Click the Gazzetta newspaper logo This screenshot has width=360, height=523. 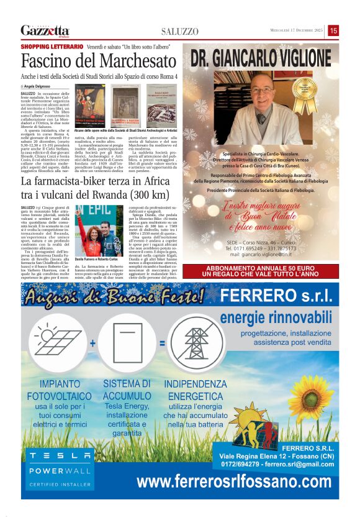click(x=45, y=30)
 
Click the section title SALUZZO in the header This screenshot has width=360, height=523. click(x=180, y=31)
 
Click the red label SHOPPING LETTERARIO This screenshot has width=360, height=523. click(x=52, y=47)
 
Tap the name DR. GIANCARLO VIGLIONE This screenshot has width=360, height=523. click(x=261, y=59)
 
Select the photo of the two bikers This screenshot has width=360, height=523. click(x=99, y=220)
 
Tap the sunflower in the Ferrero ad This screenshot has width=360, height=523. click(x=311, y=397)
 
